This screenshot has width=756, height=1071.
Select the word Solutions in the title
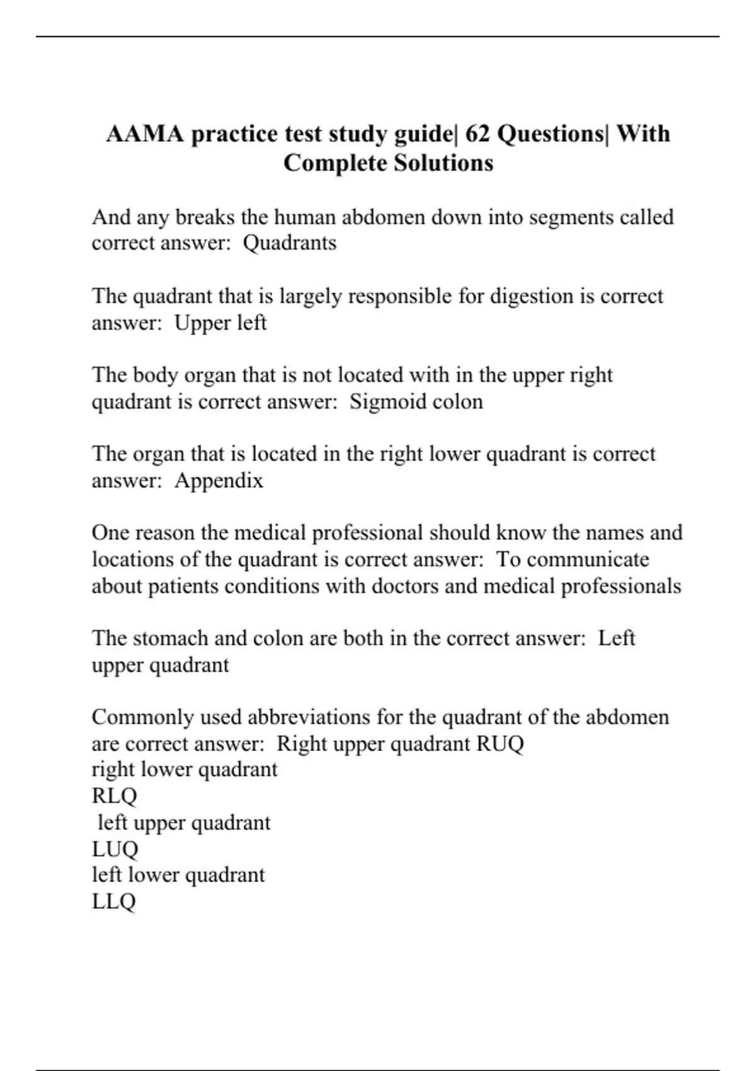tap(444, 163)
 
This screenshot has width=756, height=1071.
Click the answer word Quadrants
tap(290, 243)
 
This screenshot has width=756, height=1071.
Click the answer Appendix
tap(219, 481)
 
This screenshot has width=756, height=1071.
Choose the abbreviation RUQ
tap(500, 743)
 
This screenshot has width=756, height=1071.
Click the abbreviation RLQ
tap(114, 796)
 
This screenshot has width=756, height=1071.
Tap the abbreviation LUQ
tap(115, 849)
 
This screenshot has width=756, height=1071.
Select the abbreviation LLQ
tap(113, 902)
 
